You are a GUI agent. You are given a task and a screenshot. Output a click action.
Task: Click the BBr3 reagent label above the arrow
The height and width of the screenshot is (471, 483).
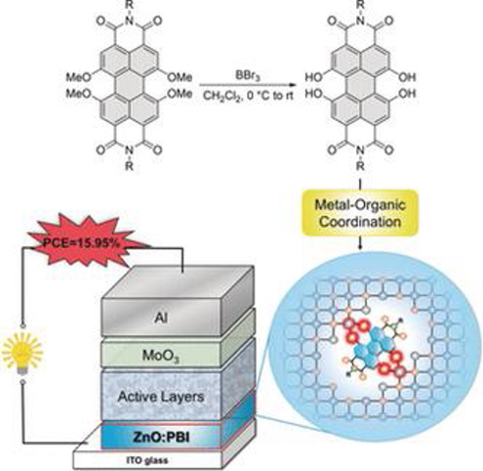click(x=248, y=76)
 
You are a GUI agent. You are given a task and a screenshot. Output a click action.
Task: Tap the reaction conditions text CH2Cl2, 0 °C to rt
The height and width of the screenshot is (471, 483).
click(x=248, y=96)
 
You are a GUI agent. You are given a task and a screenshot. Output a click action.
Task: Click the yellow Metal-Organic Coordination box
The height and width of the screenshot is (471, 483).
click(x=360, y=213)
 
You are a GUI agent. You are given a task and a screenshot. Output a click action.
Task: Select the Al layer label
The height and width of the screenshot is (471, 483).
click(x=162, y=318)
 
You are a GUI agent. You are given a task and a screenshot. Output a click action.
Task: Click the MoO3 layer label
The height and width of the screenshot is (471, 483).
click(x=161, y=356)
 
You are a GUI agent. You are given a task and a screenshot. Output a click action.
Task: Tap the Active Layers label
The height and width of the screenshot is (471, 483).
click(x=161, y=397)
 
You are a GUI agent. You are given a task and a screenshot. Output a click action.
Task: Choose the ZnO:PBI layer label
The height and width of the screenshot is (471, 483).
click(x=161, y=437)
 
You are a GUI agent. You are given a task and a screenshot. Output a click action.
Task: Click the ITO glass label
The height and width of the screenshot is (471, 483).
click(x=147, y=460)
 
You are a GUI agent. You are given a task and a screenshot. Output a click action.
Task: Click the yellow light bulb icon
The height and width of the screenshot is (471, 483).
click(x=21, y=353)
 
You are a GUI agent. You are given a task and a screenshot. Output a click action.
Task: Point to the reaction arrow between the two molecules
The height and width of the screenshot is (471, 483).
click(x=248, y=85)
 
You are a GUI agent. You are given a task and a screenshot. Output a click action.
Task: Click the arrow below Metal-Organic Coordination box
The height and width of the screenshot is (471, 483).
click(x=360, y=243)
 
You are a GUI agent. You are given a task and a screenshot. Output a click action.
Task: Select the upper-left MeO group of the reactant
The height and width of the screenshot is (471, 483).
click(x=78, y=77)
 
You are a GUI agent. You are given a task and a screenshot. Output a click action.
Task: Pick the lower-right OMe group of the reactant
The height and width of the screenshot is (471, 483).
click(x=180, y=94)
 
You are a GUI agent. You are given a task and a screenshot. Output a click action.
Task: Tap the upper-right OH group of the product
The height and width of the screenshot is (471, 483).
click(x=407, y=77)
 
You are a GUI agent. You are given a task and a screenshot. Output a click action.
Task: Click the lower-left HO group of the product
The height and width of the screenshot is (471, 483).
click(x=314, y=94)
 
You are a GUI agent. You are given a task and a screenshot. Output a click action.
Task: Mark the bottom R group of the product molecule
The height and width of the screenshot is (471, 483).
click(x=360, y=166)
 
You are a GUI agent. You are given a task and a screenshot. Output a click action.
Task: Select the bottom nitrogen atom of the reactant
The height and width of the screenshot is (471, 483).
click(x=130, y=150)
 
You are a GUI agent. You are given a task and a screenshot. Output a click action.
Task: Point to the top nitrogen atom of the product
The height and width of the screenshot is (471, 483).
click(x=360, y=21)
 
